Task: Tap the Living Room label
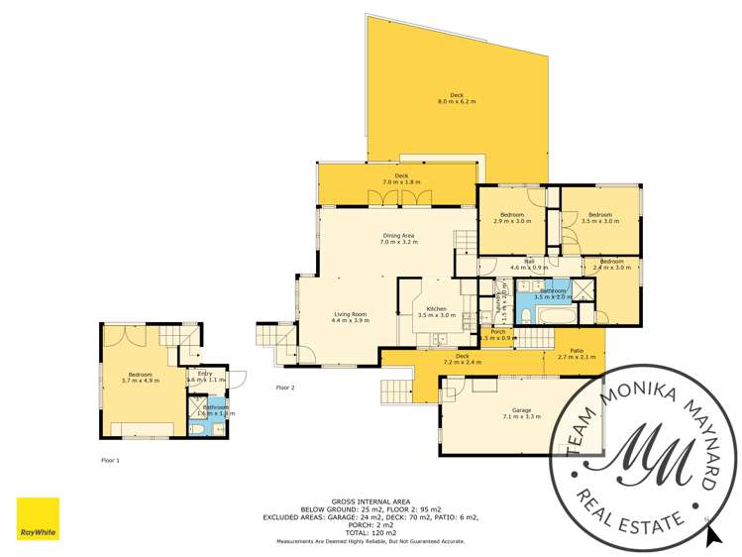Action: click(350, 317)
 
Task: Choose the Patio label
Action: click(576, 353)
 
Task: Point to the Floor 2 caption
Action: click(285, 388)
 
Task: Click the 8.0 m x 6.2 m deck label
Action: click(457, 98)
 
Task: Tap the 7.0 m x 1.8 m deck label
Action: click(401, 178)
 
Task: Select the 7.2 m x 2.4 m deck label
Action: click(462, 359)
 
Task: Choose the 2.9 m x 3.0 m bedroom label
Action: click(511, 218)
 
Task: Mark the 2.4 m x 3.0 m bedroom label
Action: click(611, 264)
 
